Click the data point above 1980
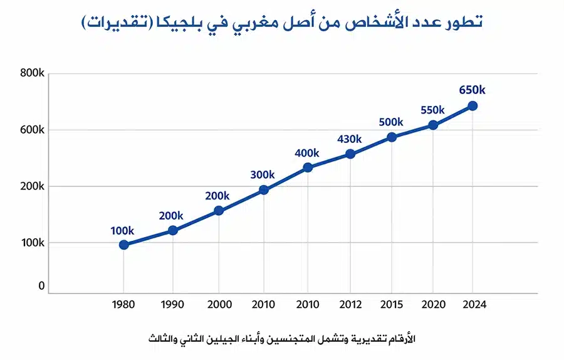pos(124,245)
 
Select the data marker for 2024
pos(473,106)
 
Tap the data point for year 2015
pos(392,137)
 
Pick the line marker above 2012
pos(350,154)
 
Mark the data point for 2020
pos(432,125)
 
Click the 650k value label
pos(472,90)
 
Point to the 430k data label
pos(350,139)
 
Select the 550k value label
pos(432,110)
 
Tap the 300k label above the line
pos(263,174)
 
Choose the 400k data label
pos(307,153)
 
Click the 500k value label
pos(391,122)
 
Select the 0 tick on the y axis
pos(41,286)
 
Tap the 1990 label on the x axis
pos(172,304)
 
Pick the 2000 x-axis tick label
pos(219,304)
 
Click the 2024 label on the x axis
pos(473,304)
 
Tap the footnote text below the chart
pos(282,339)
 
